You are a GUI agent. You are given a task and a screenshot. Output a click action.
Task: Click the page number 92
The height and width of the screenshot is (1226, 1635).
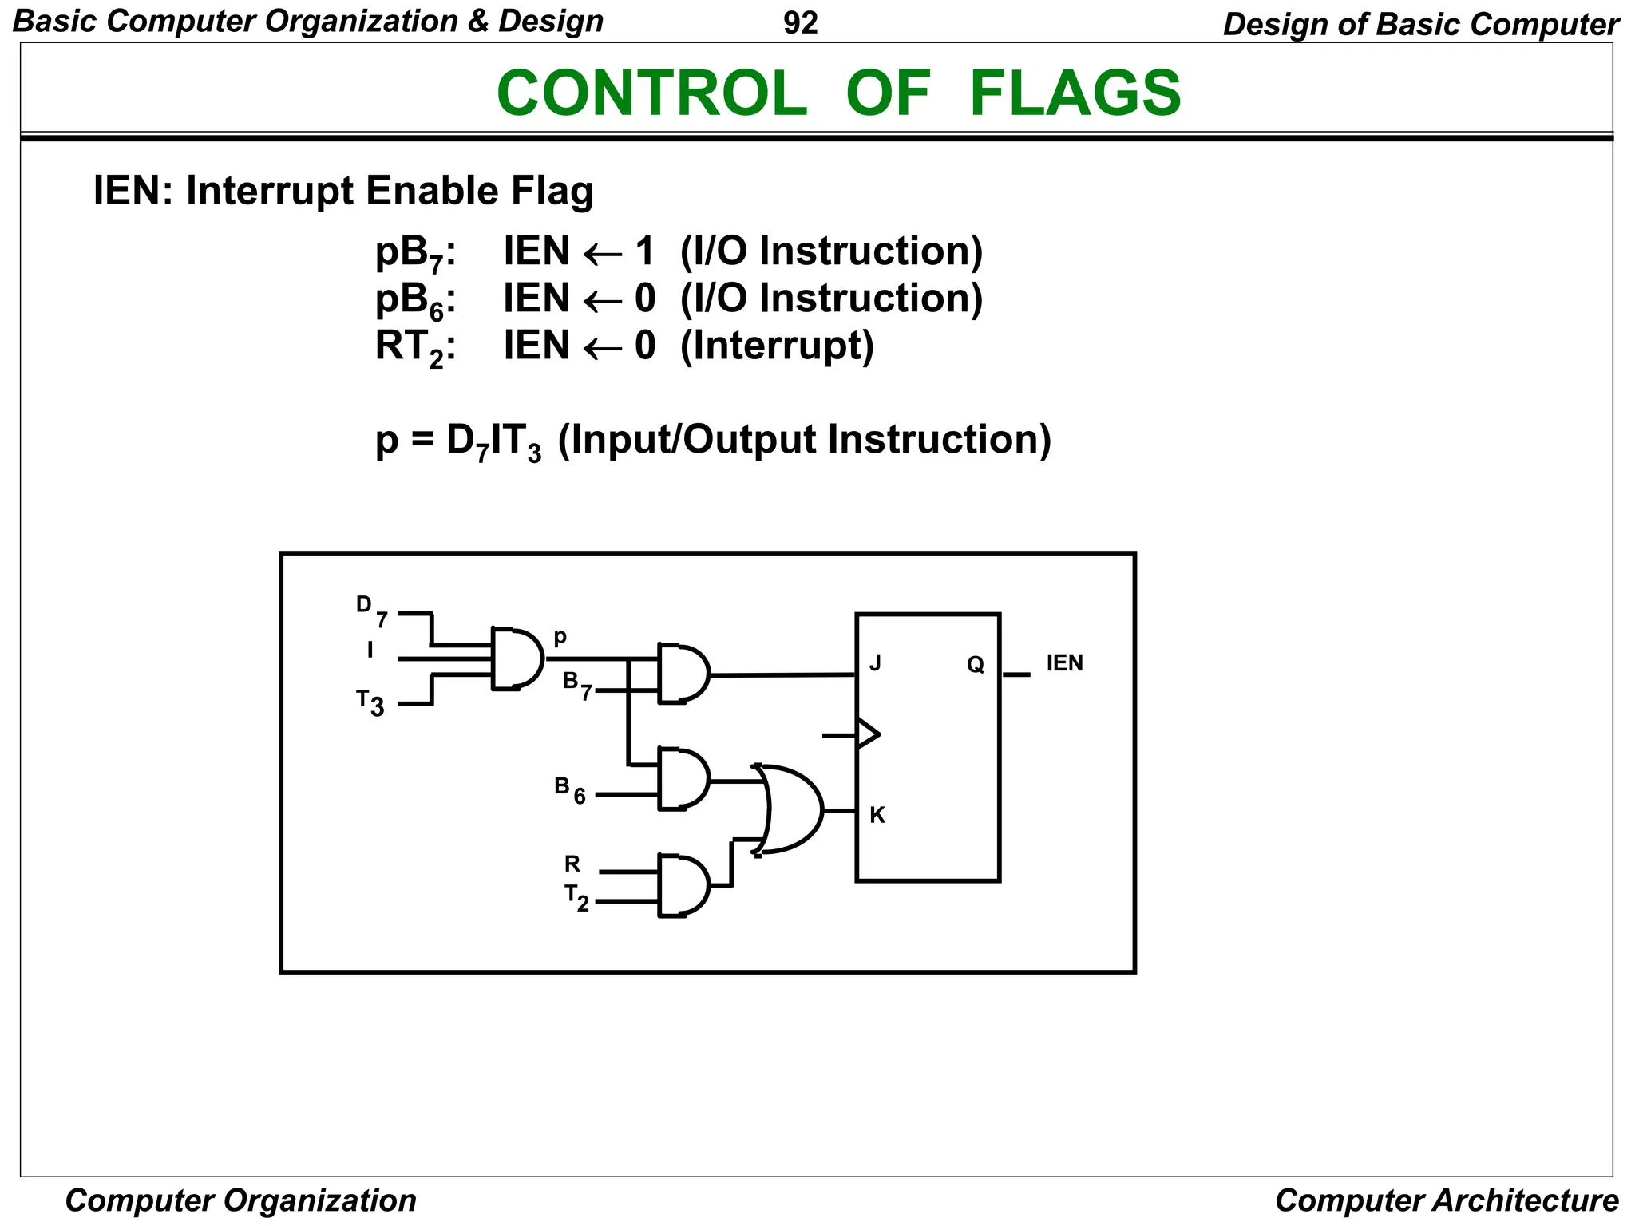pos(800,23)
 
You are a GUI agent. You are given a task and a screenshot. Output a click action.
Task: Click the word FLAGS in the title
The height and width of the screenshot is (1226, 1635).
pos(1075,93)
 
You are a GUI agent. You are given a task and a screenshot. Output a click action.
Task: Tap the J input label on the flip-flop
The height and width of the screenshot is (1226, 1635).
pos(875,663)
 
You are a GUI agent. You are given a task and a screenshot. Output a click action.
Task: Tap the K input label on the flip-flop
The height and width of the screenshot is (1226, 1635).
pos(877,815)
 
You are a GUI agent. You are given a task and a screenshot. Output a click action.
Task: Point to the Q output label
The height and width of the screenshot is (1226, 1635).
pos(975,665)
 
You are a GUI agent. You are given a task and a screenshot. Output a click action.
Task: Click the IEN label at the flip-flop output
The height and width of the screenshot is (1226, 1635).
pos(1064,663)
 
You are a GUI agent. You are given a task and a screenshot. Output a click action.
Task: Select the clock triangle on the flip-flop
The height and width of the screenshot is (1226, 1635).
pos(867,734)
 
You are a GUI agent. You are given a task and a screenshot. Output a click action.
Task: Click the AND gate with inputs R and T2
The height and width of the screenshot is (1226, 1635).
pos(683,885)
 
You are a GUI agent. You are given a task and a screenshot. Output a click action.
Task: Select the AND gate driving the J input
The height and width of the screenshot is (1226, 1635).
pos(683,674)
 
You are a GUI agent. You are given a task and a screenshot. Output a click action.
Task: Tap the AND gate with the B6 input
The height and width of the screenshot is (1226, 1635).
pos(683,779)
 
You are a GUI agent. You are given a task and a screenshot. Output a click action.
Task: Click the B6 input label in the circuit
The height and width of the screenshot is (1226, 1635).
pos(569,789)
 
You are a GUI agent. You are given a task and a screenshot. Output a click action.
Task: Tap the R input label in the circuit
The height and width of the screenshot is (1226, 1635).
pos(572,864)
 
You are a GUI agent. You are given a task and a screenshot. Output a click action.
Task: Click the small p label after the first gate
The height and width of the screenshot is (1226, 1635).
pos(560,637)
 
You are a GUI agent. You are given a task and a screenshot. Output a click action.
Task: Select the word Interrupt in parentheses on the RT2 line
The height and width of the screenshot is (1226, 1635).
pos(777,346)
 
